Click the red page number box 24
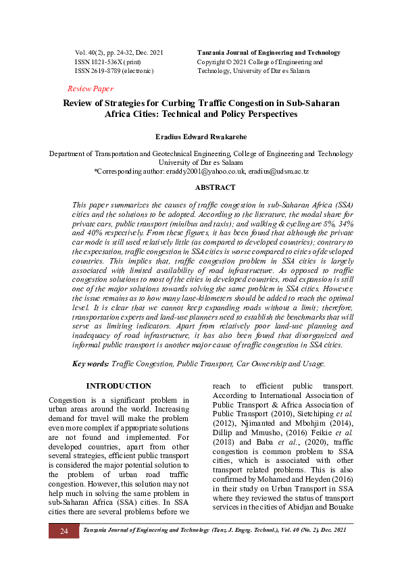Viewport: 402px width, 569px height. tap(64, 531)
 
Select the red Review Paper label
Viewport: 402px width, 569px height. tap(91, 89)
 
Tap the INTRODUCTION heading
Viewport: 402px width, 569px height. tap(120, 386)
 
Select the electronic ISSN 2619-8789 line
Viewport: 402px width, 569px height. tap(114, 70)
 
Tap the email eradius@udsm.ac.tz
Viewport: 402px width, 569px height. tap(277, 172)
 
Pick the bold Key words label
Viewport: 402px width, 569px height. tap(91, 364)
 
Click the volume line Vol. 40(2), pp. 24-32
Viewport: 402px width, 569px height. tap(119, 53)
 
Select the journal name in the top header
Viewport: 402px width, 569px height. tap(268, 53)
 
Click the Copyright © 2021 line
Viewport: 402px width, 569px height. tap(260, 61)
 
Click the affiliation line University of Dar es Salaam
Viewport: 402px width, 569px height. tap(201, 163)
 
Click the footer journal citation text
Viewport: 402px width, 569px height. tap(214, 531)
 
